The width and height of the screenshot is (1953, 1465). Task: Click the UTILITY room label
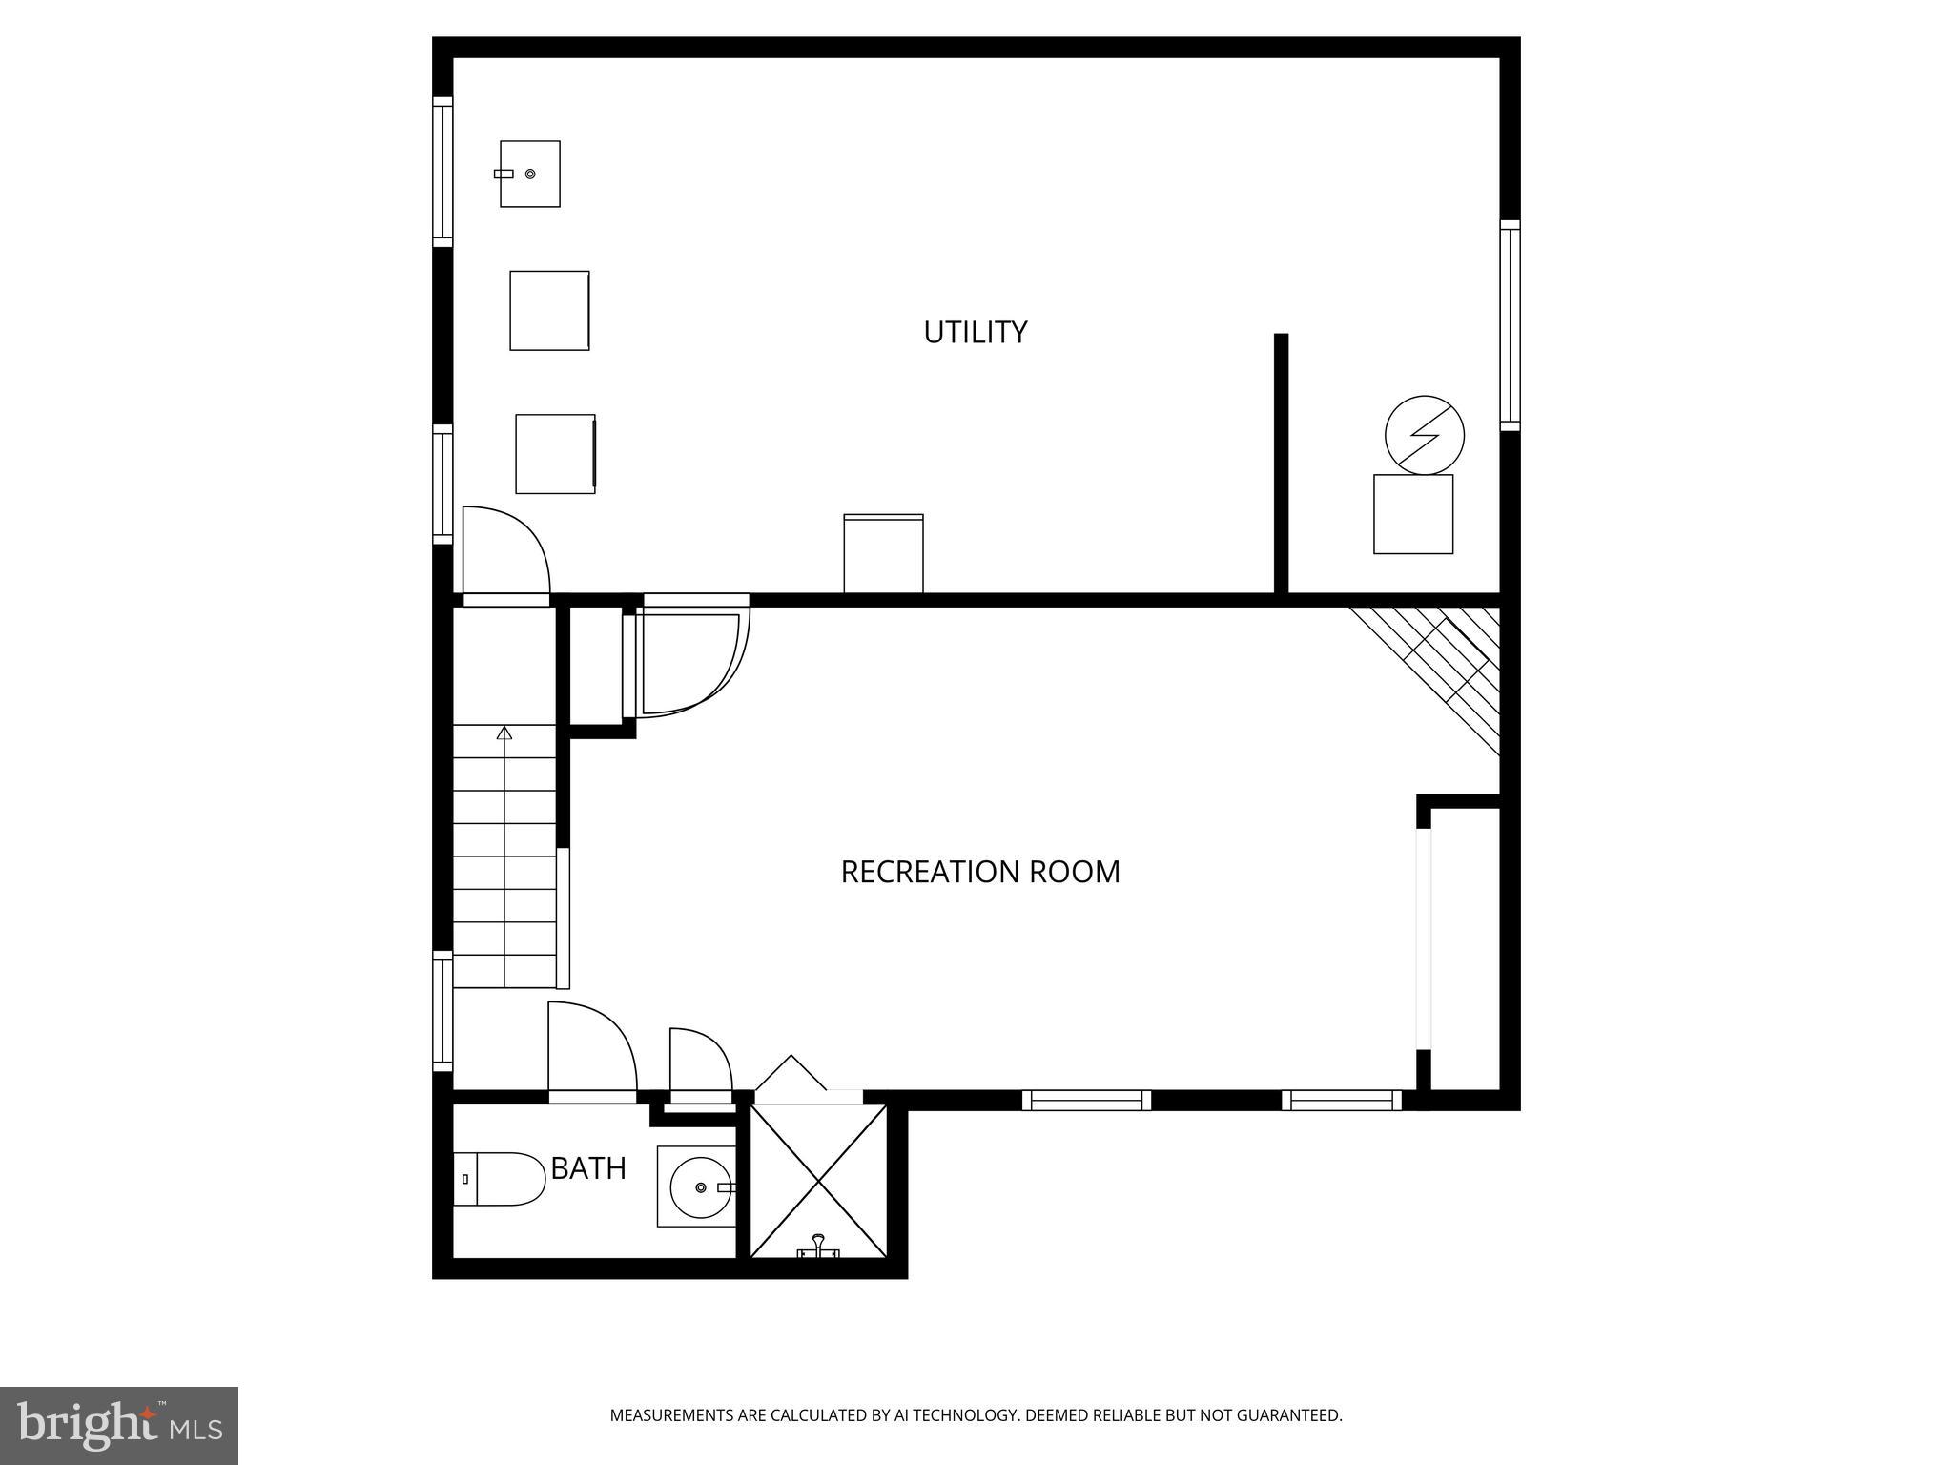(x=975, y=332)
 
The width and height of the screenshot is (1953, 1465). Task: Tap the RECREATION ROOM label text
(x=979, y=872)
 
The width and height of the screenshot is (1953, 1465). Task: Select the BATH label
(x=588, y=1168)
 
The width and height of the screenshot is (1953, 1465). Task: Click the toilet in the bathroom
(x=495, y=1179)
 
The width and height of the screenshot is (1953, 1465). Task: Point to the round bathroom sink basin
(x=700, y=1187)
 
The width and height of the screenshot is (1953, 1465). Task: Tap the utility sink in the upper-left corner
(x=530, y=174)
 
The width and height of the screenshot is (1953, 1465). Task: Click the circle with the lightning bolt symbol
(x=1424, y=435)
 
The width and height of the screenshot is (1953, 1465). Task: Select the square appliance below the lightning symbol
(x=1412, y=514)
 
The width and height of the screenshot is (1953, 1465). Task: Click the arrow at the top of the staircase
(x=504, y=732)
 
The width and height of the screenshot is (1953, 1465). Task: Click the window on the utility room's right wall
(x=1510, y=324)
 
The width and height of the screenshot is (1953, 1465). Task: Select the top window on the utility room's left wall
(x=442, y=172)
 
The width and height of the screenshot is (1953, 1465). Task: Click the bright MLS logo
(x=118, y=1425)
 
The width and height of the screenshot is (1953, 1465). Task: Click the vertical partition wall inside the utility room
(x=1281, y=464)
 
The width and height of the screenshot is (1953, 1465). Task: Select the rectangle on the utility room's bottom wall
(x=883, y=553)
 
